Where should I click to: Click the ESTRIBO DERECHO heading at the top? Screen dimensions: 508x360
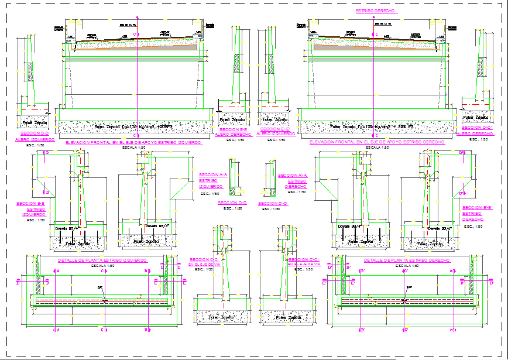(373, 11)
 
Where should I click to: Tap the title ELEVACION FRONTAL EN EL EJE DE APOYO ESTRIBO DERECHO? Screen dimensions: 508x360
(375, 142)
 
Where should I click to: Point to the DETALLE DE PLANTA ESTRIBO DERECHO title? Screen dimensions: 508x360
(406, 259)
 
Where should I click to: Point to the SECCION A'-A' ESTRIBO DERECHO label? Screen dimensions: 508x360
(293, 181)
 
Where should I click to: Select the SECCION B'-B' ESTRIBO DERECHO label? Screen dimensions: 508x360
(475, 213)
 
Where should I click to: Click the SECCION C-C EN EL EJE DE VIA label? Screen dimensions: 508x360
(204, 262)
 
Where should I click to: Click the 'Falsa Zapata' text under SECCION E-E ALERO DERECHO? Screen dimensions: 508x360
(232, 119)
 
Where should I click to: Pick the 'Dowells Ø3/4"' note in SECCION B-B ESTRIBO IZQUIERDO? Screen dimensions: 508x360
(66, 228)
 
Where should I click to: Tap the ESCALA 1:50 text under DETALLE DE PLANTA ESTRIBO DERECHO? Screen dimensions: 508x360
(406, 265)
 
